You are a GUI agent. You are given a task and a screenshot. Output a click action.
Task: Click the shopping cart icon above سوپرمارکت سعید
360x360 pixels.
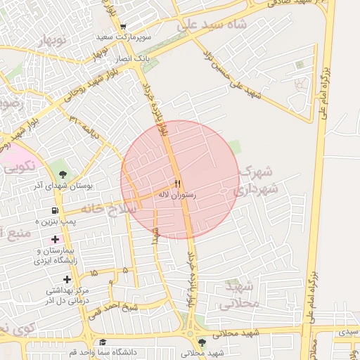124,27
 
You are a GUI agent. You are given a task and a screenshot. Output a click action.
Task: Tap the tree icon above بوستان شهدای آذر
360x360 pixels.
64,174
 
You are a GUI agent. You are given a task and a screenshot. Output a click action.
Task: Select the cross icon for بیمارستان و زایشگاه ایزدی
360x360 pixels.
55,239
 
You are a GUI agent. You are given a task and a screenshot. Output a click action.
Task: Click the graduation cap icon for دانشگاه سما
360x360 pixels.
102,342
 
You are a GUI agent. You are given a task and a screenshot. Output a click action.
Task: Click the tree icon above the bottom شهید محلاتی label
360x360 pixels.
202,342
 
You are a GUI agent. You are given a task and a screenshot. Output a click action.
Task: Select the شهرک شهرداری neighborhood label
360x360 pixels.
257,180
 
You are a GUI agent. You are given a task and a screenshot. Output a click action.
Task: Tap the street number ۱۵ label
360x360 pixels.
95,272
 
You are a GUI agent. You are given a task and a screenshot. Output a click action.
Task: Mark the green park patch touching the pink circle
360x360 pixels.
234,148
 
